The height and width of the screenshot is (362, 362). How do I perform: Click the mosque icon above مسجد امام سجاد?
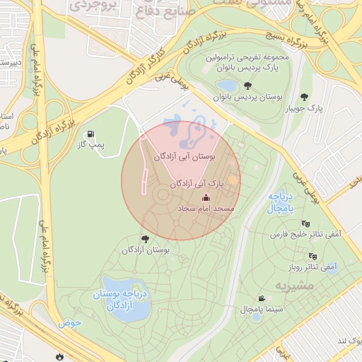click(x=206, y=198)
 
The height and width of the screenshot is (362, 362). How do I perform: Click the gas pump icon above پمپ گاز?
click(x=90, y=134)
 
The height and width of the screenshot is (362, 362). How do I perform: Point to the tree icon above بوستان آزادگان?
click(x=146, y=239)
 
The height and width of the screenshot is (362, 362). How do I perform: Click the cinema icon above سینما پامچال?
click(x=262, y=298)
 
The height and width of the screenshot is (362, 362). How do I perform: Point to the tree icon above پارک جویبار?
click(x=305, y=97)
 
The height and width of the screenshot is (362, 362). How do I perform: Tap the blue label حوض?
click(x=70, y=322)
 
